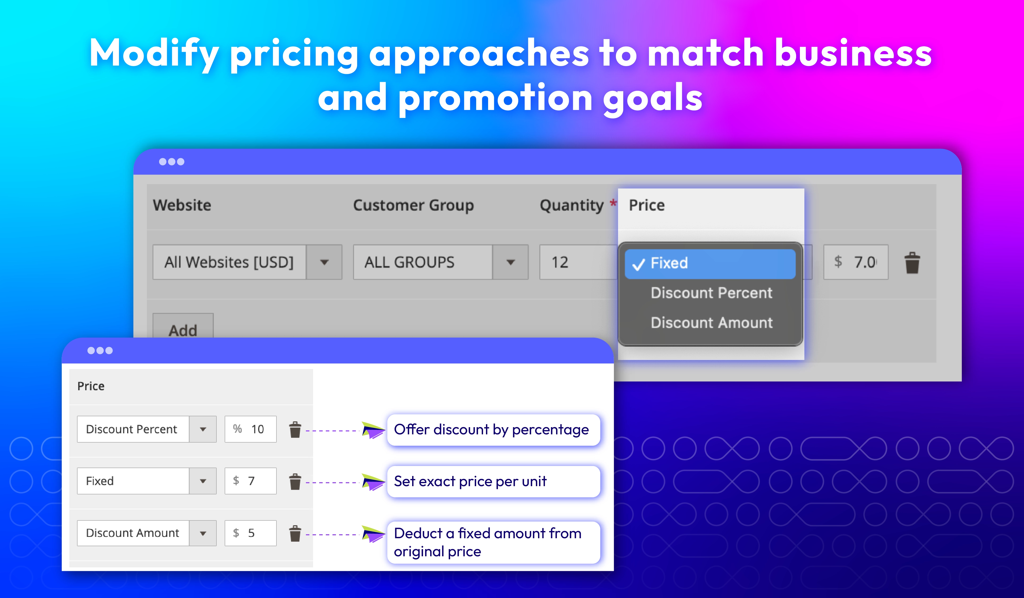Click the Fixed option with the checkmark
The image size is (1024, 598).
click(x=710, y=264)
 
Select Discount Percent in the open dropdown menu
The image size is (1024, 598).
click(x=711, y=293)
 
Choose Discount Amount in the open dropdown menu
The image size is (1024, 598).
click(x=711, y=323)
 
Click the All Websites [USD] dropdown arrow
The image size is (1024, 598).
click(x=324, y=262)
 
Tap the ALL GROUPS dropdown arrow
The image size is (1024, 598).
click(x=510, y=262)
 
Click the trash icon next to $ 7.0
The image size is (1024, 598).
click(x=912, y=263)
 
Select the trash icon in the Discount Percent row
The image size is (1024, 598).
click(x=295, y=430)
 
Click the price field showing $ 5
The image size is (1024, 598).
click(x=251, y=533)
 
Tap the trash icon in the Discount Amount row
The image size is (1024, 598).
click(x=295, y=533)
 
